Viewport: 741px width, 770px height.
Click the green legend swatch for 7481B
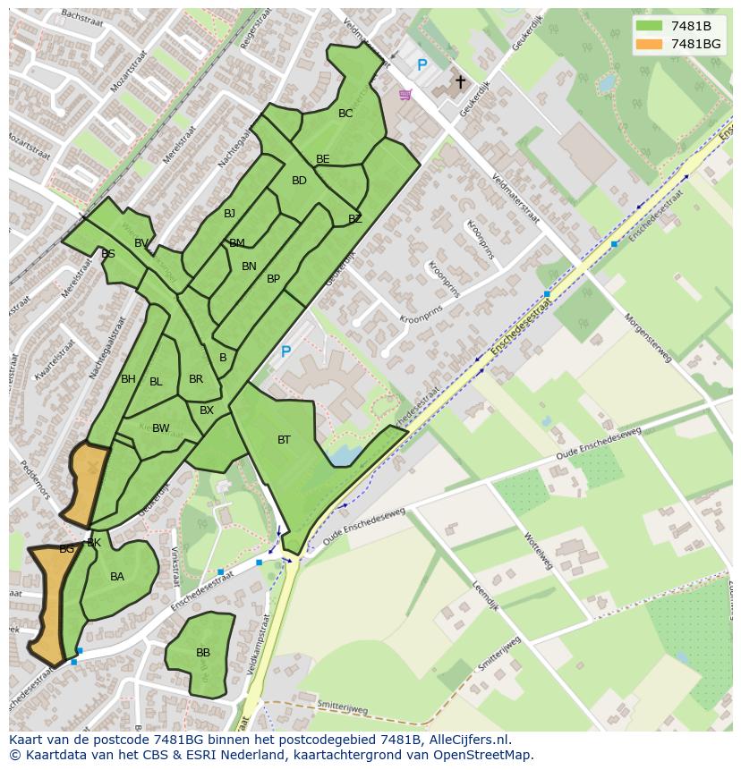click(649, 26)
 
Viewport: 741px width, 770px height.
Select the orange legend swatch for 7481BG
click(649, 44)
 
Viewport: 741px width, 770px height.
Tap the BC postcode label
click(345, 114)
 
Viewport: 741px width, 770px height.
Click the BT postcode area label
click(284, 439)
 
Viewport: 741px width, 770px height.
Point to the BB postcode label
click(203, 653)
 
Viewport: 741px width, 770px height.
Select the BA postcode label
click(117, 577)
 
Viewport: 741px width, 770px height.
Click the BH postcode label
click(128, 379)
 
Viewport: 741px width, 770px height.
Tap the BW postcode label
click(160, 428)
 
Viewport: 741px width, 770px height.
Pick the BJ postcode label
click(229, 213)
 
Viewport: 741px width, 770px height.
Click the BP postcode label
click(273, 279)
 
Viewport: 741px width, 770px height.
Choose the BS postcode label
click(108, 254)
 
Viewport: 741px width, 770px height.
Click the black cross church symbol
click(461, 82)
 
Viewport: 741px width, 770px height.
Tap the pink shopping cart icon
click(405, 94)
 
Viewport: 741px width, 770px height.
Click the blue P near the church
click(422, 65)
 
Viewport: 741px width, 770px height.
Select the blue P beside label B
click(285, 352)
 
